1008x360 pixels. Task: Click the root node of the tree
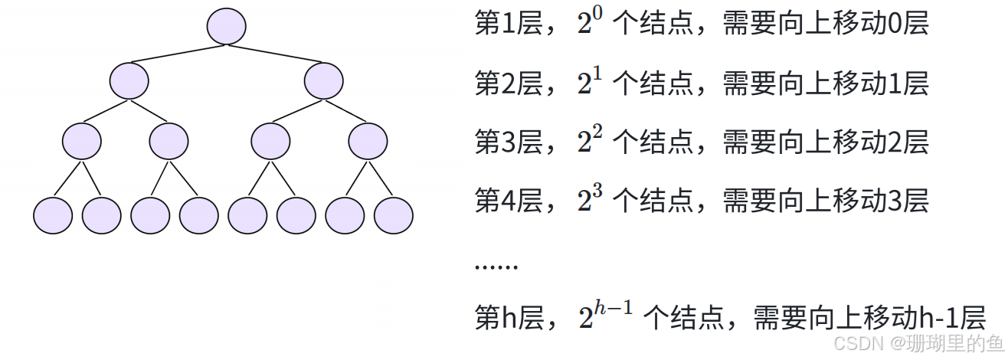point(226,26)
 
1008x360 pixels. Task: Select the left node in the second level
point(129,80)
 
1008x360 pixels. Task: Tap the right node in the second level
point(323,80)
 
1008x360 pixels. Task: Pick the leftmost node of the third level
point(82,141)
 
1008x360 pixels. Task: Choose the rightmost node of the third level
point(368,141)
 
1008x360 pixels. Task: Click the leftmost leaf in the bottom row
point(53,215)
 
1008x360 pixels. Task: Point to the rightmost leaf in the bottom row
point(394,215)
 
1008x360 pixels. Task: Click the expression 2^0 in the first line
point(591,24)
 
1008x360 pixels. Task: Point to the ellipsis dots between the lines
point(496,267)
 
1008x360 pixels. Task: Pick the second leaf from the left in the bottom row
point(101,215)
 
